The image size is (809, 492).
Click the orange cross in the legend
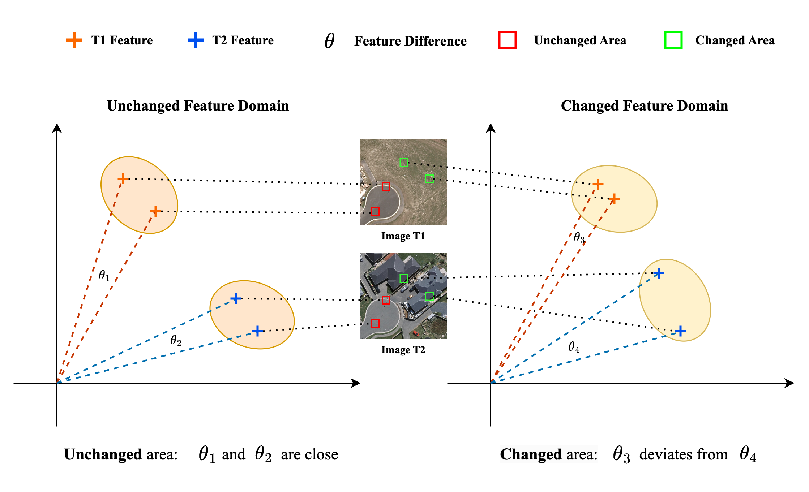[x=74, y=40]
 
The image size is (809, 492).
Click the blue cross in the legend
[x=196, y=40]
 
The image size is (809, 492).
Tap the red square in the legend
[x=507, y=40]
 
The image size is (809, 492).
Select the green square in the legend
[x=673, y=40]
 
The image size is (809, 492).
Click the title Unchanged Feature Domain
[x=198, y=106]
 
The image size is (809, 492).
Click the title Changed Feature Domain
[x=644, y=106]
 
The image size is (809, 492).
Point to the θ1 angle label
[x=104, y=276]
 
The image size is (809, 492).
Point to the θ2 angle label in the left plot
[x=176, y=340]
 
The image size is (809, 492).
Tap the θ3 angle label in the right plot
[x=579, y=238]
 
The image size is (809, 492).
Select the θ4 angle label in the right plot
[x=574, y=347]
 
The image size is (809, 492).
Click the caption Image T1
[x=403, y=236]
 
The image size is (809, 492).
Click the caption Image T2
[x=403, y=350]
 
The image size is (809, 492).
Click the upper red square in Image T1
[x=386, y=186]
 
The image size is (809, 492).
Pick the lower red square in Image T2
[x=375, y=323]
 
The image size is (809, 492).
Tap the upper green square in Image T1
[x=404, y=163]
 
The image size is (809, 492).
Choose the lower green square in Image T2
[x=429, y=297]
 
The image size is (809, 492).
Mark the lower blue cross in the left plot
[x=257, y=331]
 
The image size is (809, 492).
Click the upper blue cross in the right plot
[x=659, y=273]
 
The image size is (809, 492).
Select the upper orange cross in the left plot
[x=123, y=179]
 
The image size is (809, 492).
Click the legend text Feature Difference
[x=410, y=41]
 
